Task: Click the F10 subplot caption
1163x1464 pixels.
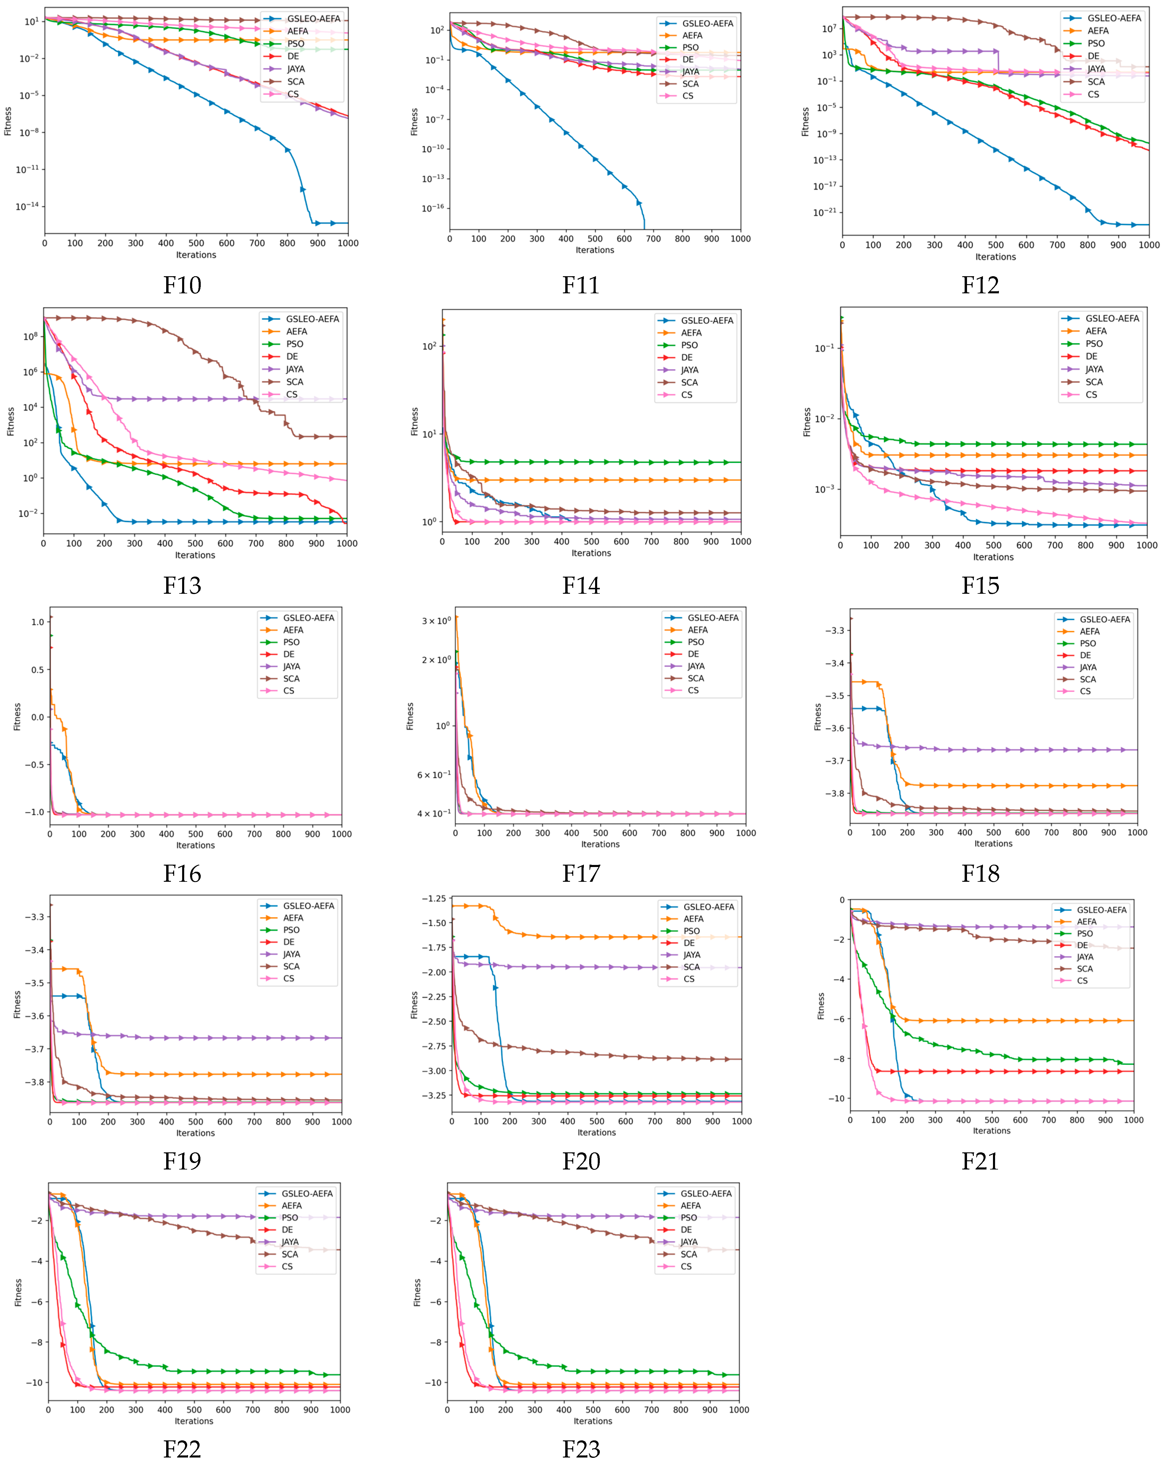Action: point(182,285)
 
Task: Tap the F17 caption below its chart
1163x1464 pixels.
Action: point(581,873)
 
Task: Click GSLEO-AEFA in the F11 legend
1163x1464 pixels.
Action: point(707,24)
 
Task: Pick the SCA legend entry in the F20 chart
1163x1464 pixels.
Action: point(692,967)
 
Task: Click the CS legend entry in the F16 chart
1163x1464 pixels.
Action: point(289,691)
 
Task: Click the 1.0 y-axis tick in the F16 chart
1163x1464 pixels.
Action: point(37,622)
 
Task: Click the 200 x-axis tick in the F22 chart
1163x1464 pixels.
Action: point(107,1410)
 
